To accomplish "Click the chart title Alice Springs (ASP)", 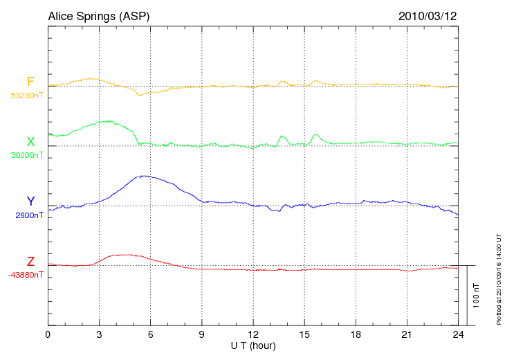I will [x=98, y=15].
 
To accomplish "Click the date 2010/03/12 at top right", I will [x=428, y=15].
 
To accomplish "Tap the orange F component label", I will [x=30, y=82].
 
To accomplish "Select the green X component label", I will [x=30, y=142].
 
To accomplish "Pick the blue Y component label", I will [x=30, y=201].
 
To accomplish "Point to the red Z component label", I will [x=30, y=262].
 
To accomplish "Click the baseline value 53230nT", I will [x=26, y=96].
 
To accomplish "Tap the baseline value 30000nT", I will [x=26, y=155].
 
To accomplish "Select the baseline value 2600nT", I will [x=28, y=215].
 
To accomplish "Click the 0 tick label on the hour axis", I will [x=48, y=334].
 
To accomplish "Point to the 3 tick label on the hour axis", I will [x=100, y=334].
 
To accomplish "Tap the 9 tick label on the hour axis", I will [x=202, y=334].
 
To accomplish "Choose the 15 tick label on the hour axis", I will [x=305, y=334].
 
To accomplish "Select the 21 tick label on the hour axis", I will [x=407, y=334].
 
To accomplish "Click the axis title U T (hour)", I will [x=253, y=345].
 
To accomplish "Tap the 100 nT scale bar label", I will [x=476, y=296].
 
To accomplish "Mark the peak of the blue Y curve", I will [x=143, y=176].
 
